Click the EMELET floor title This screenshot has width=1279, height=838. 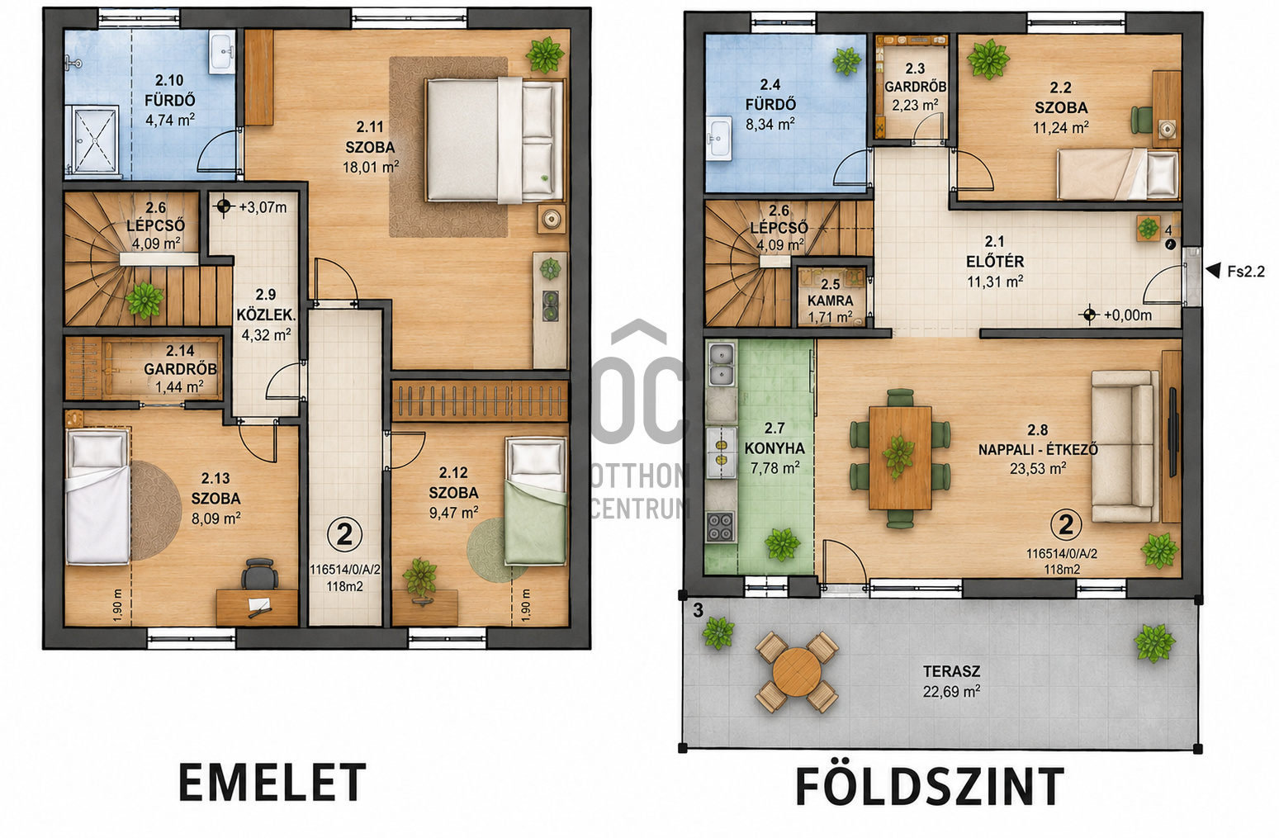272,783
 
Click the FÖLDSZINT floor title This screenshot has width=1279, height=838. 930,787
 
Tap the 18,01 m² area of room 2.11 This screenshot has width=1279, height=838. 371,168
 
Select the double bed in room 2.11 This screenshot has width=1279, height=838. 495,140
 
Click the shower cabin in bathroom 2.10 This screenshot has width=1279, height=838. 92,139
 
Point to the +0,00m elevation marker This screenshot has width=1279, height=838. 1116,315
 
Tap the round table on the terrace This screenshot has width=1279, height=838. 797,671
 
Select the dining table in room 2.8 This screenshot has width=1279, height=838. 900,457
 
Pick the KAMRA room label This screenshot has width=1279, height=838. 830,301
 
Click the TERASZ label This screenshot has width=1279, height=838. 952,671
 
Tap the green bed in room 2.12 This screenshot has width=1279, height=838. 535,501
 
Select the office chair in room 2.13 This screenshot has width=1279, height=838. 259,574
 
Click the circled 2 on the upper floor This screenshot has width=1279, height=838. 344,535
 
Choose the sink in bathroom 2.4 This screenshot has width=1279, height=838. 718,138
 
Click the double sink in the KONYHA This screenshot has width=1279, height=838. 721,364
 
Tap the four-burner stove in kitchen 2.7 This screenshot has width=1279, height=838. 721,526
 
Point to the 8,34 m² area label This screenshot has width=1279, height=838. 770,124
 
